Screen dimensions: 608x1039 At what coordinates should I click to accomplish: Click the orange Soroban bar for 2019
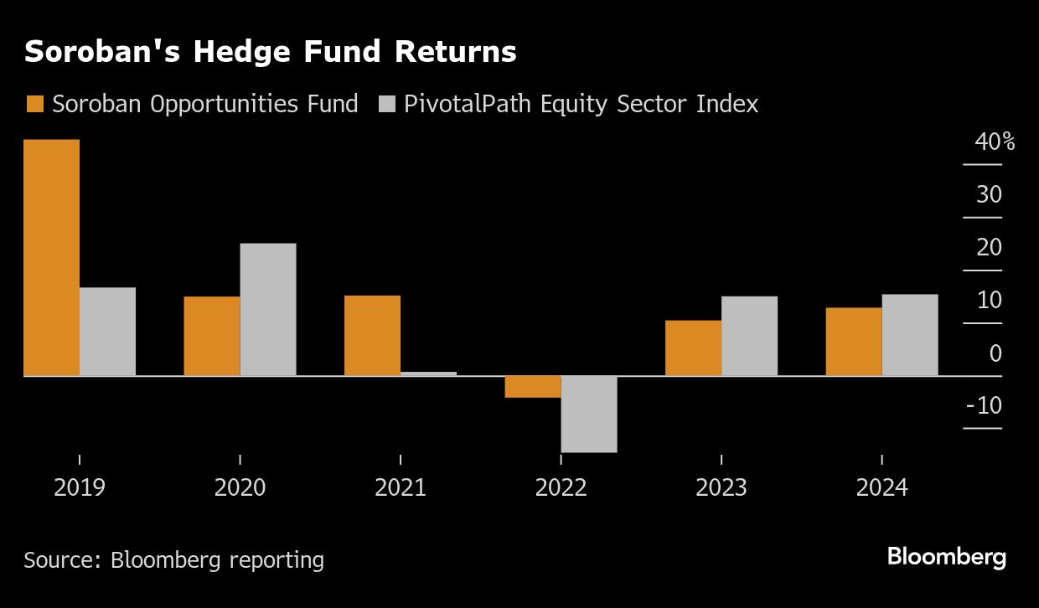(x=51, y=257)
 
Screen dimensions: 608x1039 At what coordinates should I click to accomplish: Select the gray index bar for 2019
(x=107, y=332)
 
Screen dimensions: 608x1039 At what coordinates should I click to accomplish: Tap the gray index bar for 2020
(x=268, y=310)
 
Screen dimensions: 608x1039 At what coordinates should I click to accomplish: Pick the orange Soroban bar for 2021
(x=372, y=336)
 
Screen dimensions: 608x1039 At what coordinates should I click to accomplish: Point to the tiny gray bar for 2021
(x=428, y=374)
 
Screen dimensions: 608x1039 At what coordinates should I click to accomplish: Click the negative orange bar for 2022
(x=533, y=387)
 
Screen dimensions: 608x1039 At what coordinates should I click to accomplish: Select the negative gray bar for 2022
(x=589, y=415)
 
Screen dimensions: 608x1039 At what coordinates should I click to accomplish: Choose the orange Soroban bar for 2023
(x=693, y=348)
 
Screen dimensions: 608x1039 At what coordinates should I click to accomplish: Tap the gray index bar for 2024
(x=910, y=335)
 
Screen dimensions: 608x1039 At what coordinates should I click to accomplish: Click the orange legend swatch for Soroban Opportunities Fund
(x=35, y=105)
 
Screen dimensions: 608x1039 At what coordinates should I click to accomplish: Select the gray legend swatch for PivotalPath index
(x=387, y=105)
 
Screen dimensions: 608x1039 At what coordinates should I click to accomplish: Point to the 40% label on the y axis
(x=995, y=142)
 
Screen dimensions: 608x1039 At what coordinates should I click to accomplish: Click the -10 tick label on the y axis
(x=984, y=406)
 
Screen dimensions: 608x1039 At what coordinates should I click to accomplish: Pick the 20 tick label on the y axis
(x=989, y=248)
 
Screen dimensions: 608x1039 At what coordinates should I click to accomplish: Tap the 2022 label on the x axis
(x=561, y=488)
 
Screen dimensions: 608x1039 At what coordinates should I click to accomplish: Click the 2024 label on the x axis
(x=881, y=488)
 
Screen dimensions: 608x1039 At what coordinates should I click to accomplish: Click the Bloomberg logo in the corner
(x=946, y=557)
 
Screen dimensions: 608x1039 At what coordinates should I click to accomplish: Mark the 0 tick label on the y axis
(x=995, y=353)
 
